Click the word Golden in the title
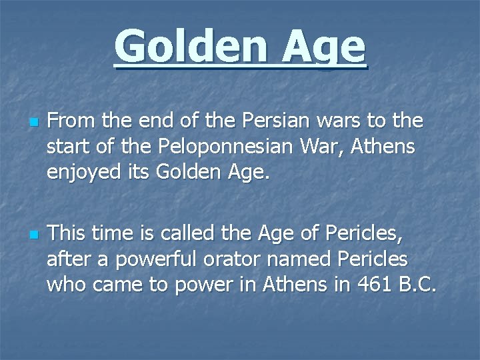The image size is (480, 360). pos(193,47)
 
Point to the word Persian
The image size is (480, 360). pos(254,122)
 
